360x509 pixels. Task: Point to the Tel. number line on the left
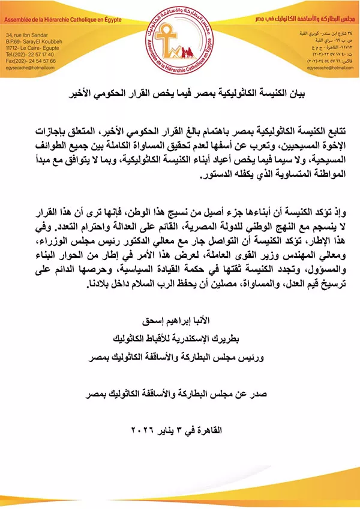tap(29, 55)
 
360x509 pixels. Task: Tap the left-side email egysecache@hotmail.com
tap(29, 68)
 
